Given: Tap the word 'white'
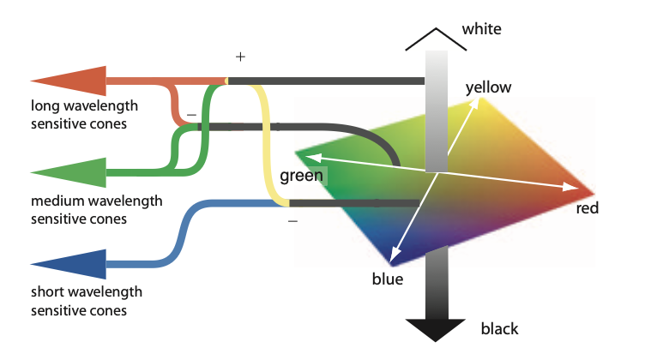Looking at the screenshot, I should pos(481,30).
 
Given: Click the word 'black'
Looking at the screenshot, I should pos(499,329).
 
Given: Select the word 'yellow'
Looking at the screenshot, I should pos(488,87).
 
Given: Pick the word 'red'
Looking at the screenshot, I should pos(587,208).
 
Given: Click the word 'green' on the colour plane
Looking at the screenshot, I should pos(301,177).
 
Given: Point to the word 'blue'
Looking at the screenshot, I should pos(387,279).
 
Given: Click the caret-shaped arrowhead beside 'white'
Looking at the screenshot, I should pos(437,38).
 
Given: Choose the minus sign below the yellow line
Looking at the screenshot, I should pos(292,221).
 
